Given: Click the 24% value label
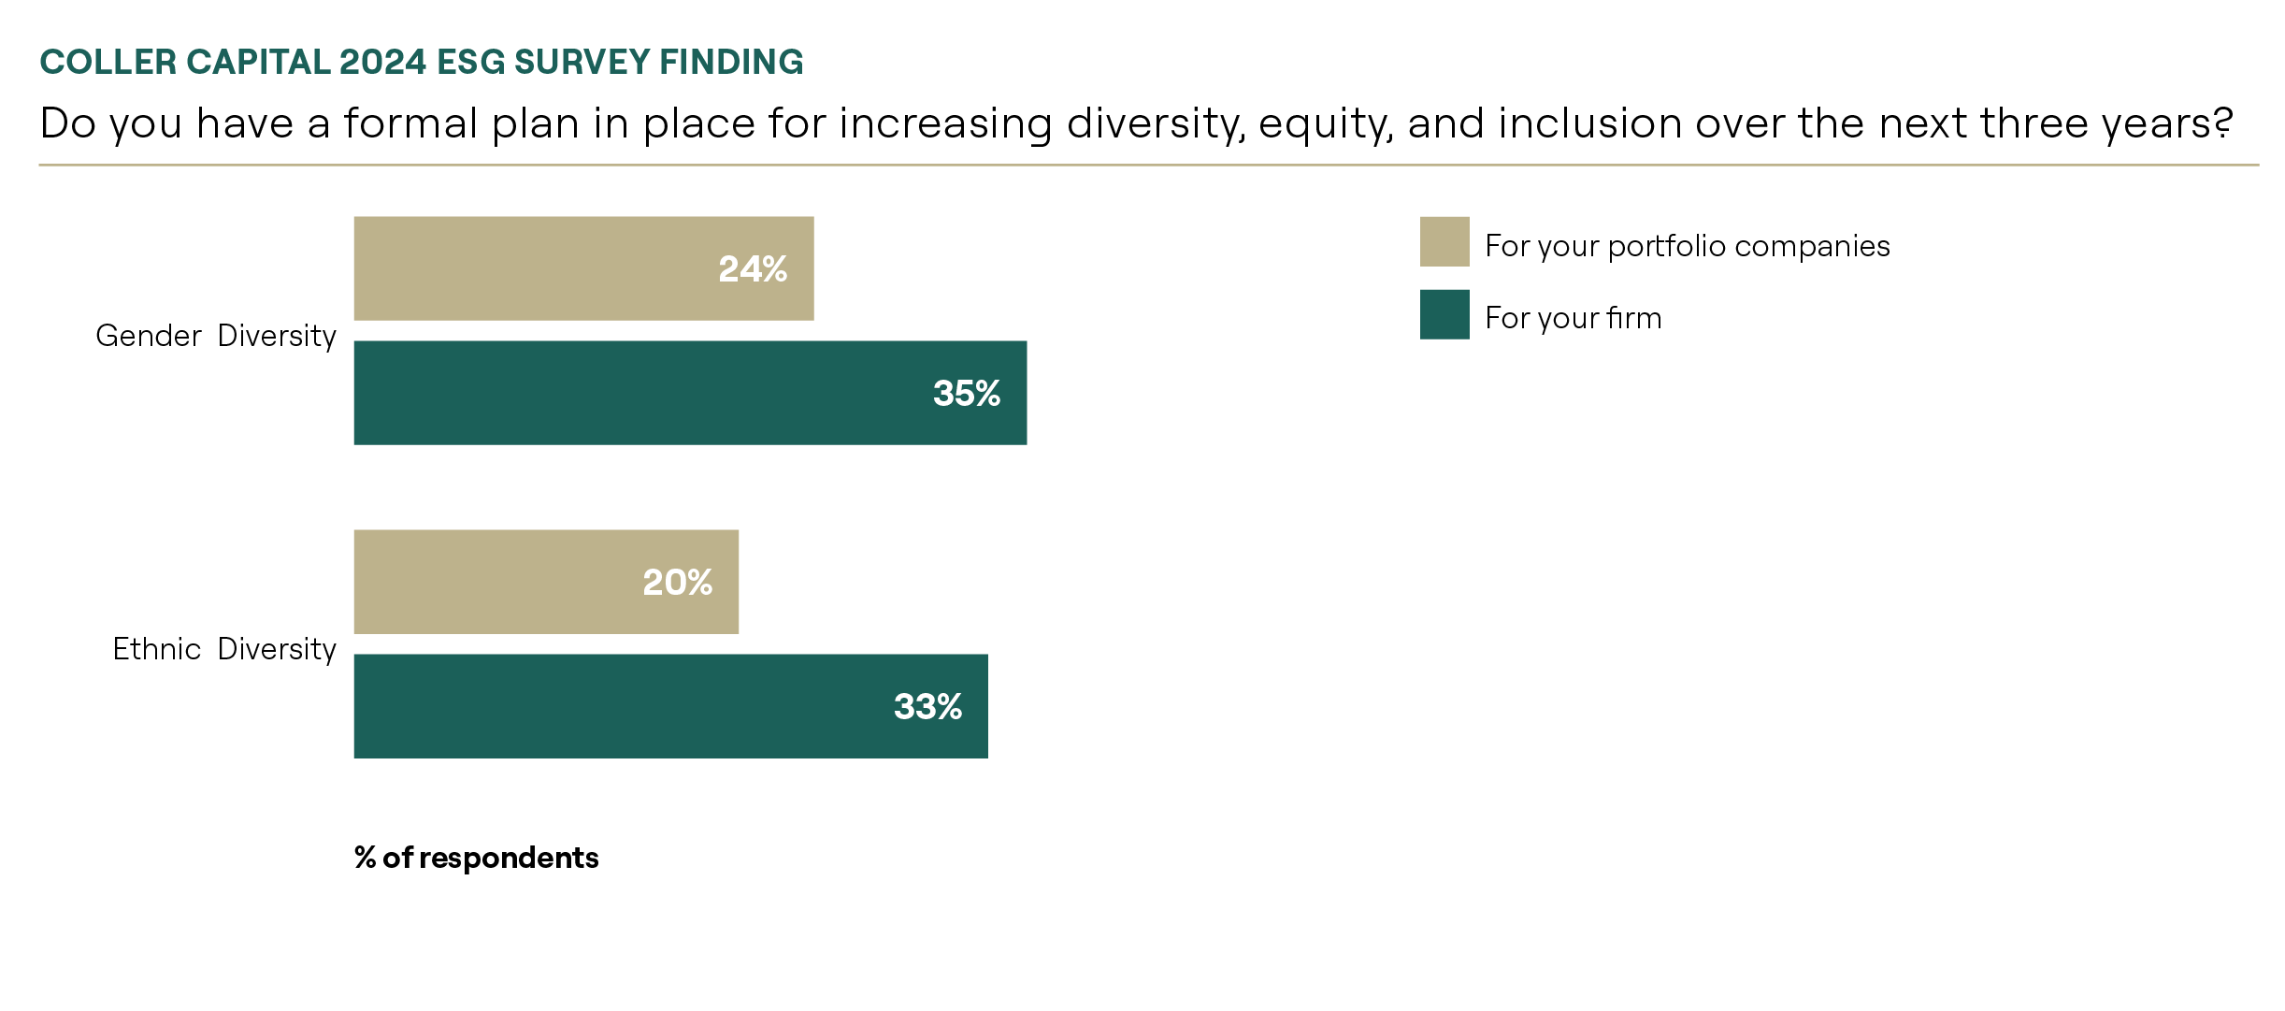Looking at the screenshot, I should (753, 269).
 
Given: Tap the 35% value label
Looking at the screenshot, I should (967, 394).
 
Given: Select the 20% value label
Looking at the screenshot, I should (677, 583).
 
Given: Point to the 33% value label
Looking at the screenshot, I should (927, 707).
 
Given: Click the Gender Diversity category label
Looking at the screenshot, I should (216, 336).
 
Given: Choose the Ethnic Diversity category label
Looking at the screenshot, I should (224, 649).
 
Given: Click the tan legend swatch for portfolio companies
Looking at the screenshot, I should (1444, 242).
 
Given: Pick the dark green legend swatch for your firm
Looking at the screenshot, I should (1444, 314).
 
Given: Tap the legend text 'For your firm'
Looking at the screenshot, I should (1574, 318).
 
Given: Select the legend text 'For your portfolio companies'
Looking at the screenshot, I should (1688, 246).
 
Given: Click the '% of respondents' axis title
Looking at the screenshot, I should (477, 858).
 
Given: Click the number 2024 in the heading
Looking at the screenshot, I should (382, 62).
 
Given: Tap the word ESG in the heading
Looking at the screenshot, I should (471, 62).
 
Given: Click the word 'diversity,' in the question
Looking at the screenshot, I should (1157, 124).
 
